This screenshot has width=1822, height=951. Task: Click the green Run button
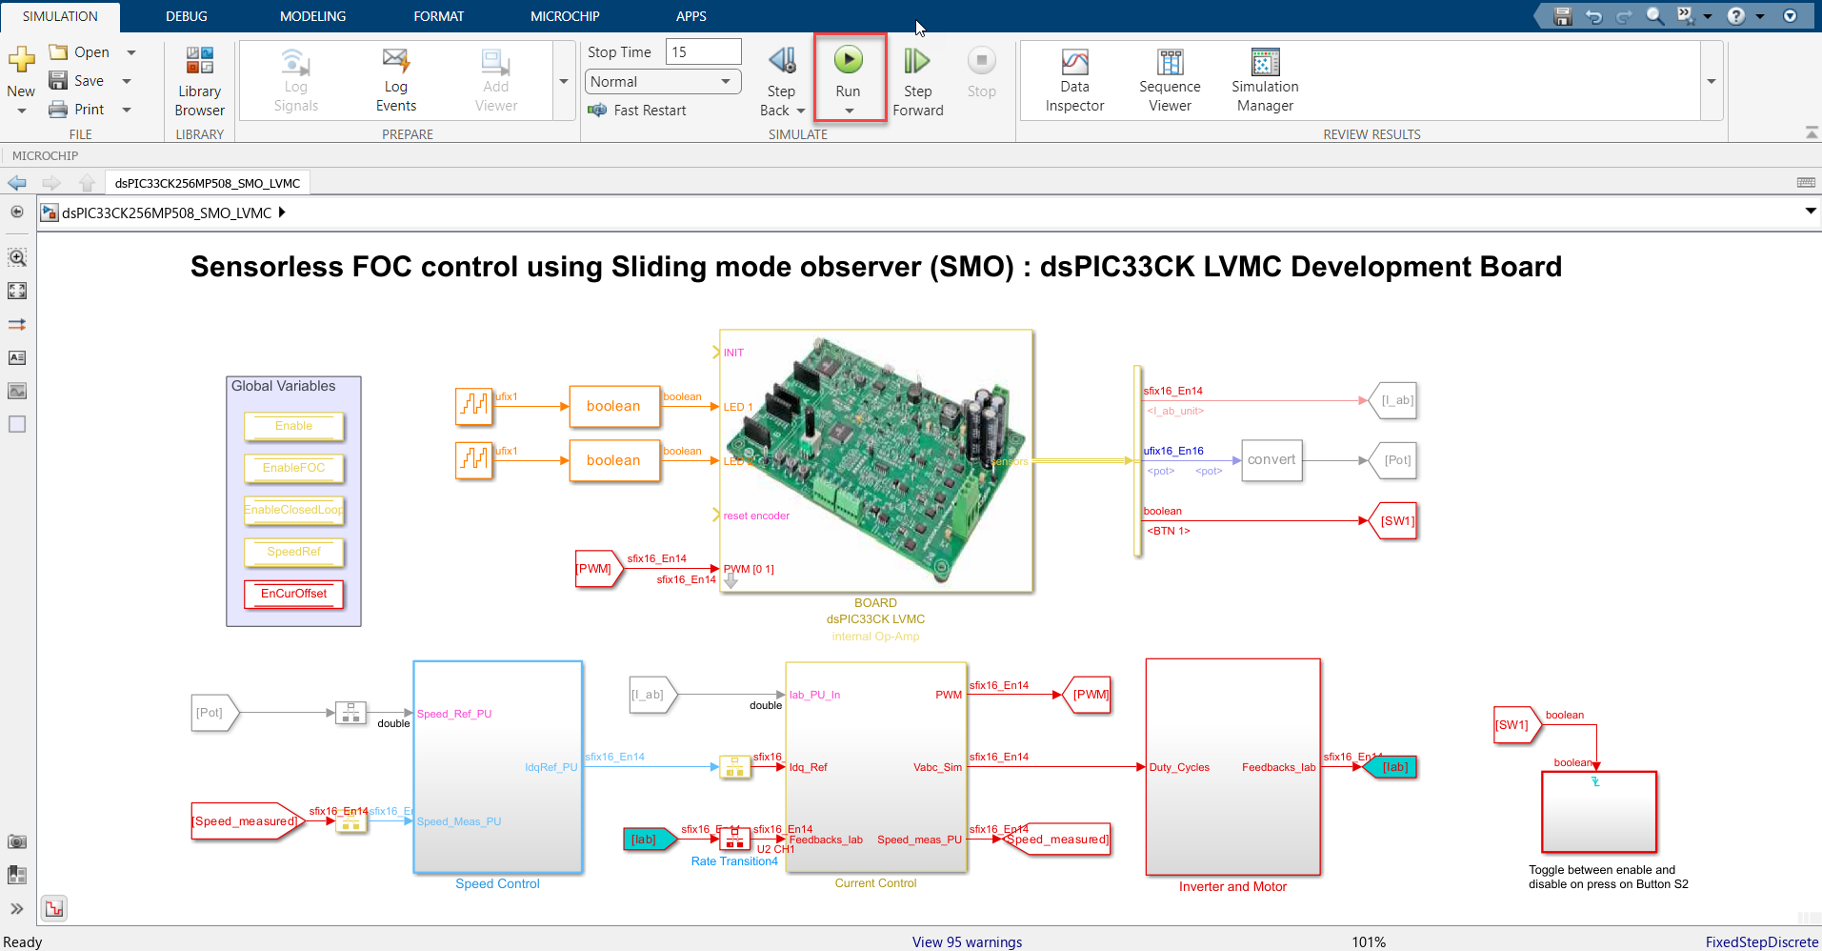[x=848, y=61]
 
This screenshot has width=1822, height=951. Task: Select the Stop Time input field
[x=703, y=51]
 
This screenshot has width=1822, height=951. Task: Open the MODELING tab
[x=312, y=16]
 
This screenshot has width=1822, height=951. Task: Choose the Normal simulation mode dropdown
[x=662, y=82]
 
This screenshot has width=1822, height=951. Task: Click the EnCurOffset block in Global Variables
[x=293, y=594]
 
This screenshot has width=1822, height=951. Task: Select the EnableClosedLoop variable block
[x=293, y=510]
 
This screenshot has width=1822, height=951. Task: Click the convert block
[x=1271, y=460]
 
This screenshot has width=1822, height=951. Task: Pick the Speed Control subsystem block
[x=497, y=767]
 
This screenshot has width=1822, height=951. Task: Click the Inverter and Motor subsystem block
[x=1232, y=767]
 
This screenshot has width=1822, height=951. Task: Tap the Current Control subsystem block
[x=875, y=767]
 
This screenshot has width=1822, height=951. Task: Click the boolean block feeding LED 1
[x=614, y=407]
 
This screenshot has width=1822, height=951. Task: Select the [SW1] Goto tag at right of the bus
[x=1396, y=521]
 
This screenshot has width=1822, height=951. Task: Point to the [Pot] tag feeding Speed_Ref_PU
[x=211, y=713]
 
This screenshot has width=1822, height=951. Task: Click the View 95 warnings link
[x=967, y=941]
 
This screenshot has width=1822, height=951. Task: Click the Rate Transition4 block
[x=734, y=840]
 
